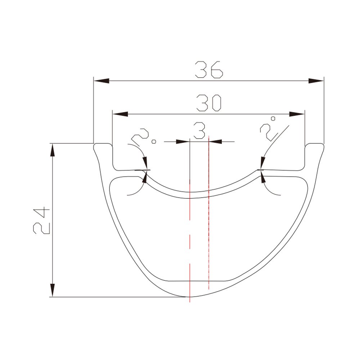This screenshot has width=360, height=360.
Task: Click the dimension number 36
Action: coord(209,69)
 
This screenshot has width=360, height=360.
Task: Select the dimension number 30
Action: coord(209,103)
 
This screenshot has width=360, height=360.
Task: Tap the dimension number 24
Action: coord(41,220)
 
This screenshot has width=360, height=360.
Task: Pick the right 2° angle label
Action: coord(268,129)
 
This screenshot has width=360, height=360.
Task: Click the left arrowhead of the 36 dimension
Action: coord(101,81)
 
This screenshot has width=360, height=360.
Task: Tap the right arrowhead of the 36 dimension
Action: coord(316,81)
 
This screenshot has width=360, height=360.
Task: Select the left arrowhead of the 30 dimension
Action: coord(120,114)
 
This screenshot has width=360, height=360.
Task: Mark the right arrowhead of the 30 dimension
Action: coord(297,114)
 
